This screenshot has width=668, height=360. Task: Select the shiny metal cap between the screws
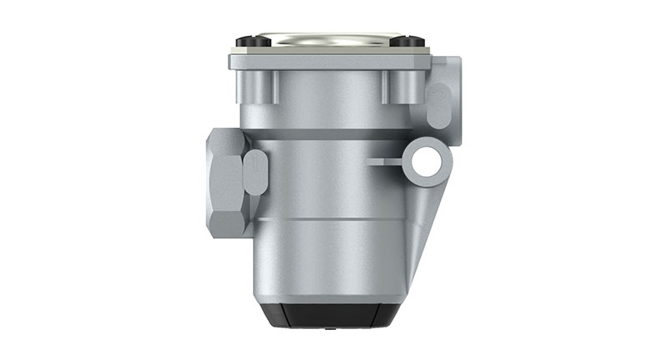[327, 39]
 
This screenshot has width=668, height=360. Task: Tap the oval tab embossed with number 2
[438, 105]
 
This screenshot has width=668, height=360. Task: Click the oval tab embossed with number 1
[256, 172]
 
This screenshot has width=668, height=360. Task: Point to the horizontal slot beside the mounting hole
[384, 160]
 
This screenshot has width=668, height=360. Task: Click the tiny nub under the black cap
[326, 328]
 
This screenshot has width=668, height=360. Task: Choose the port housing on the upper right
[445, 92]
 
